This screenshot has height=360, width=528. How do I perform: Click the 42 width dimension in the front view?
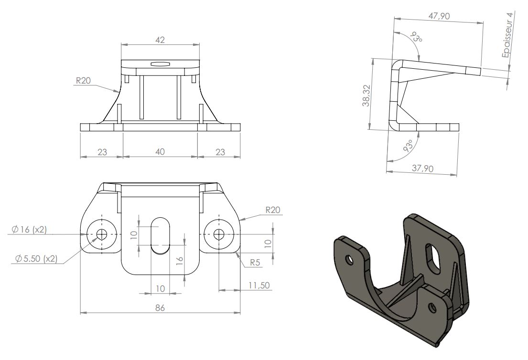pos(160,40)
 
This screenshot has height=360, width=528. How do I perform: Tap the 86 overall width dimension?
pos(160,307)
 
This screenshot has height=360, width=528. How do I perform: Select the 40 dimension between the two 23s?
pos(160,152)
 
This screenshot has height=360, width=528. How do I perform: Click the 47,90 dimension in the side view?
pos(439,16)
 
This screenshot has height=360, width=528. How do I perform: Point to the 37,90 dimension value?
pos(423,168)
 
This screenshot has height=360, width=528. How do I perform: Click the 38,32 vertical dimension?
pos(366,95)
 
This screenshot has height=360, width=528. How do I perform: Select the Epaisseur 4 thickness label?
pos(507,35)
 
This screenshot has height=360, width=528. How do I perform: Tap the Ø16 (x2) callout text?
pos(29,230)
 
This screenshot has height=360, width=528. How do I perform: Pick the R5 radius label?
pos(255,263)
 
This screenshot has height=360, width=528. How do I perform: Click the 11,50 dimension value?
pos(259,286)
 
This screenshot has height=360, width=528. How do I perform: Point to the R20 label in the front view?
pos(84,80)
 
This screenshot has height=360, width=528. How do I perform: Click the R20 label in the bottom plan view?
pos(273,210)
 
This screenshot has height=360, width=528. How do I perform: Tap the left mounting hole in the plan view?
pos(102,234)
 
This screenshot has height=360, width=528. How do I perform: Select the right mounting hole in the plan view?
pos(219,234)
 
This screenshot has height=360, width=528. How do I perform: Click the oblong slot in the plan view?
pos(160,235)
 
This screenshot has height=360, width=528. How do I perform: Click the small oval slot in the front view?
pos(160,64)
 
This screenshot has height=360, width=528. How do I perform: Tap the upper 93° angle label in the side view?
pos(417,38)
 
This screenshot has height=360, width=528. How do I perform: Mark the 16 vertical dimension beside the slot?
pos(180,260)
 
